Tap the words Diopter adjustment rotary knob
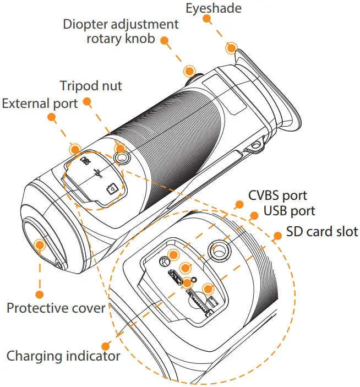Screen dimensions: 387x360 pyautogui.click(x=121, y=32)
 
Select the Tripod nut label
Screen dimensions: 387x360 pyautogui.click(x=90, y=86)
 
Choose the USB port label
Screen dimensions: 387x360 pyautogui.click(x=289, y=211)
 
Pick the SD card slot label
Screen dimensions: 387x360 pyautogui.click(x=322, y=231)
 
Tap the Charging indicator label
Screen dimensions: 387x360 pyautogui.click(x=63, y=356)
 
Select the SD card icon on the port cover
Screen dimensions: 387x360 pyautogui.click(x=112, y=188)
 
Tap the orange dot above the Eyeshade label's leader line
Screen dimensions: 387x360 pyautogui.click(x=206, y=18)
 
